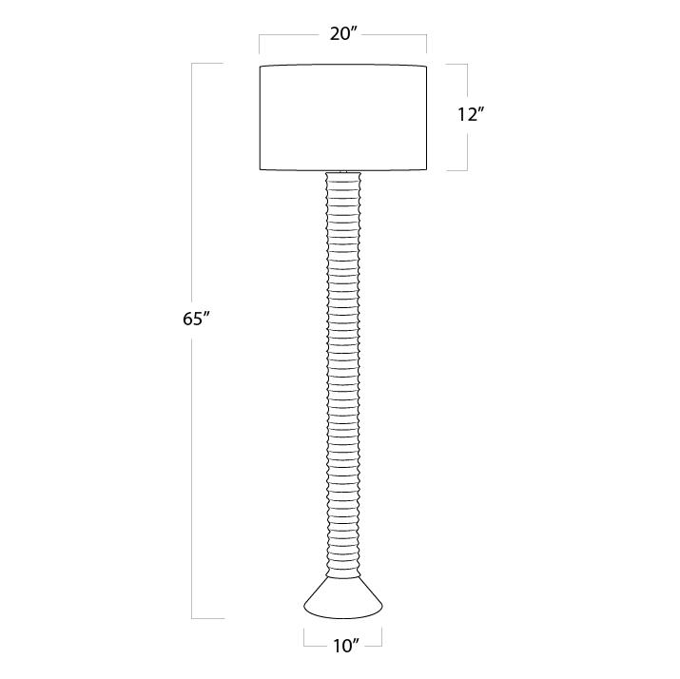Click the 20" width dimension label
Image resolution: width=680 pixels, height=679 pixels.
(342, 33)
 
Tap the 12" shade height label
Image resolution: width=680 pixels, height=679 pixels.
(471, 114)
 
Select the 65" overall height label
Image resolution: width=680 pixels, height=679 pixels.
(197, 320)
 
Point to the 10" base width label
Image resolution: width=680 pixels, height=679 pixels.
(346, 646)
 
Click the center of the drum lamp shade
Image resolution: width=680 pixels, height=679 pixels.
(343, 117)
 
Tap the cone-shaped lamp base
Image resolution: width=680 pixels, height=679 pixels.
(343, 597)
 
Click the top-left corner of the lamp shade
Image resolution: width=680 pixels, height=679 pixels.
(260, 67)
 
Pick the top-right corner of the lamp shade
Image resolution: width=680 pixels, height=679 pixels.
(427, 67)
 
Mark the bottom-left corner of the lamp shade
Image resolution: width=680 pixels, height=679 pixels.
(260, 169)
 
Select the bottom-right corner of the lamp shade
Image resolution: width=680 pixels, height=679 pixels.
(427, 169)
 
